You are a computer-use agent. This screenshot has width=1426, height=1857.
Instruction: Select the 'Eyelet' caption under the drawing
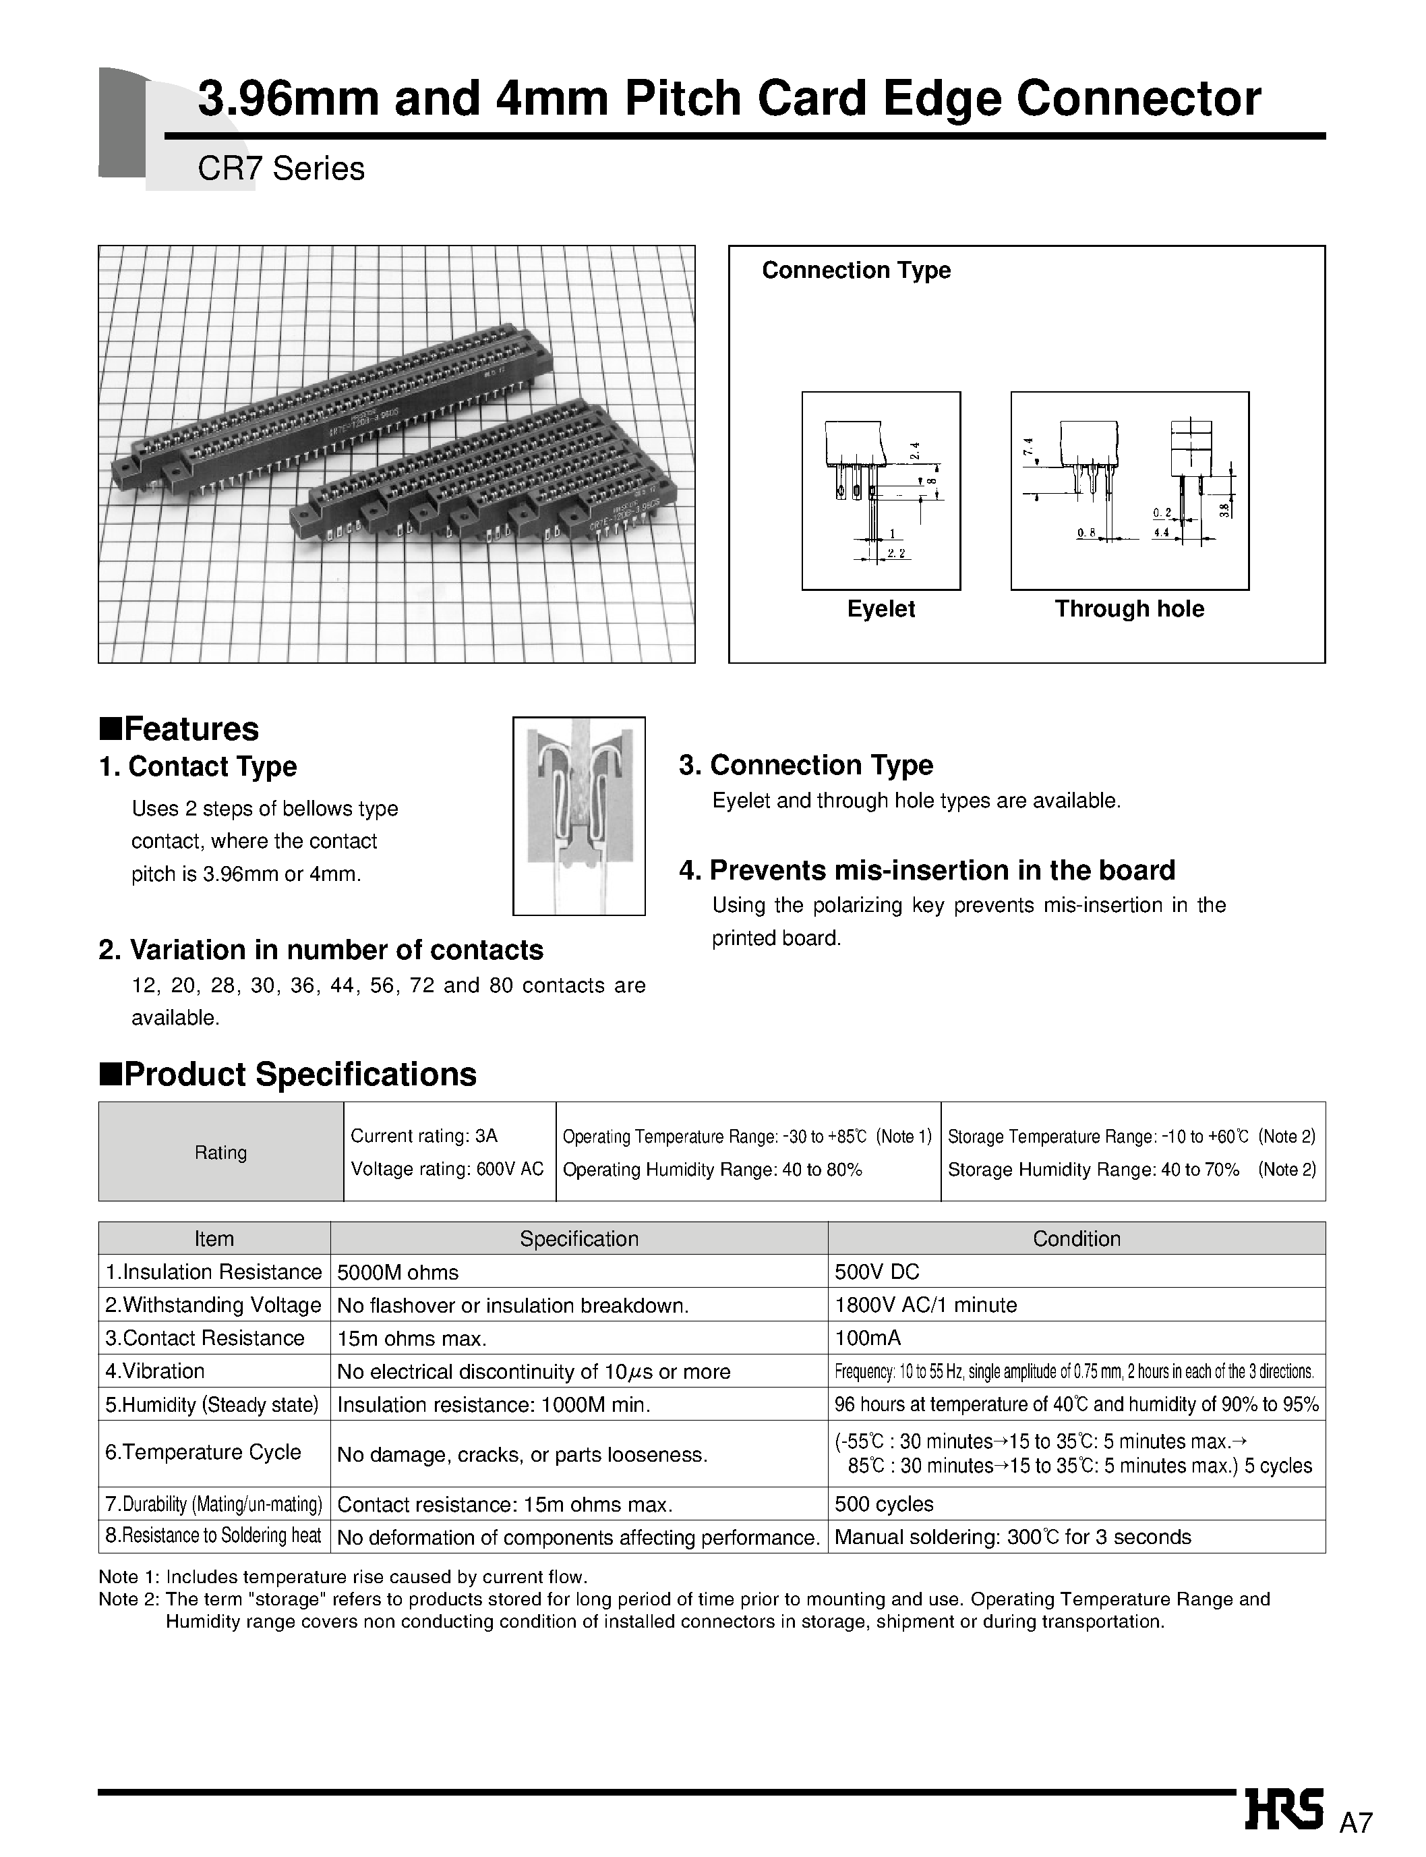(x=881, y=609)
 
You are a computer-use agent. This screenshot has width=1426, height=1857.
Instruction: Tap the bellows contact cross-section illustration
(x=579, y=816)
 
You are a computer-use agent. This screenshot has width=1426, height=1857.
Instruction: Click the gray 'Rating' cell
(x=220, y=1152)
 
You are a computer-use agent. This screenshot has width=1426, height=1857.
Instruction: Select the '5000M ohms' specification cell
(x=397, y=1273)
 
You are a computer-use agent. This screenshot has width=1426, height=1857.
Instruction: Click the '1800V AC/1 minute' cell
(x=925, y=1305)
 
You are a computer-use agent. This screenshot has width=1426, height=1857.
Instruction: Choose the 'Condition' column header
(x=1076, y=1239)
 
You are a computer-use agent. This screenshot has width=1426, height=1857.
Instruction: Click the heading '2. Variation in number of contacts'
(x=321, y=949)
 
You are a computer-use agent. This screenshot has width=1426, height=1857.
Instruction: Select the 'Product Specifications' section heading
(x=289, y=1074)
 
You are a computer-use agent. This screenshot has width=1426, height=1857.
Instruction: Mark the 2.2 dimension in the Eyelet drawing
(x=896, y=554)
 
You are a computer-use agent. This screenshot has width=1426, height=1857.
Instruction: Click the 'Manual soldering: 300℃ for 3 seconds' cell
(x=1013, y=1538)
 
